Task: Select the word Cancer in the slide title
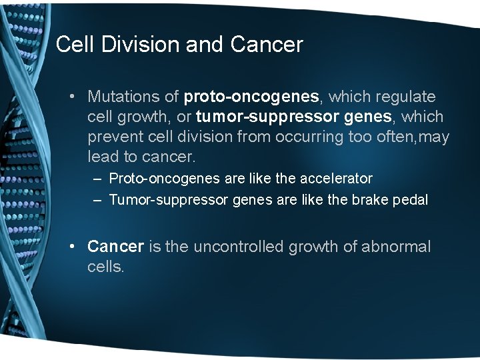[x=267, y=45]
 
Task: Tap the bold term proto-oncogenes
[x=253, y=97]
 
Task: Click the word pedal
[x=409, y=200]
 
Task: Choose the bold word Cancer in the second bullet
[x=115, y=247]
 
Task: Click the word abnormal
[x=396, y=247]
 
